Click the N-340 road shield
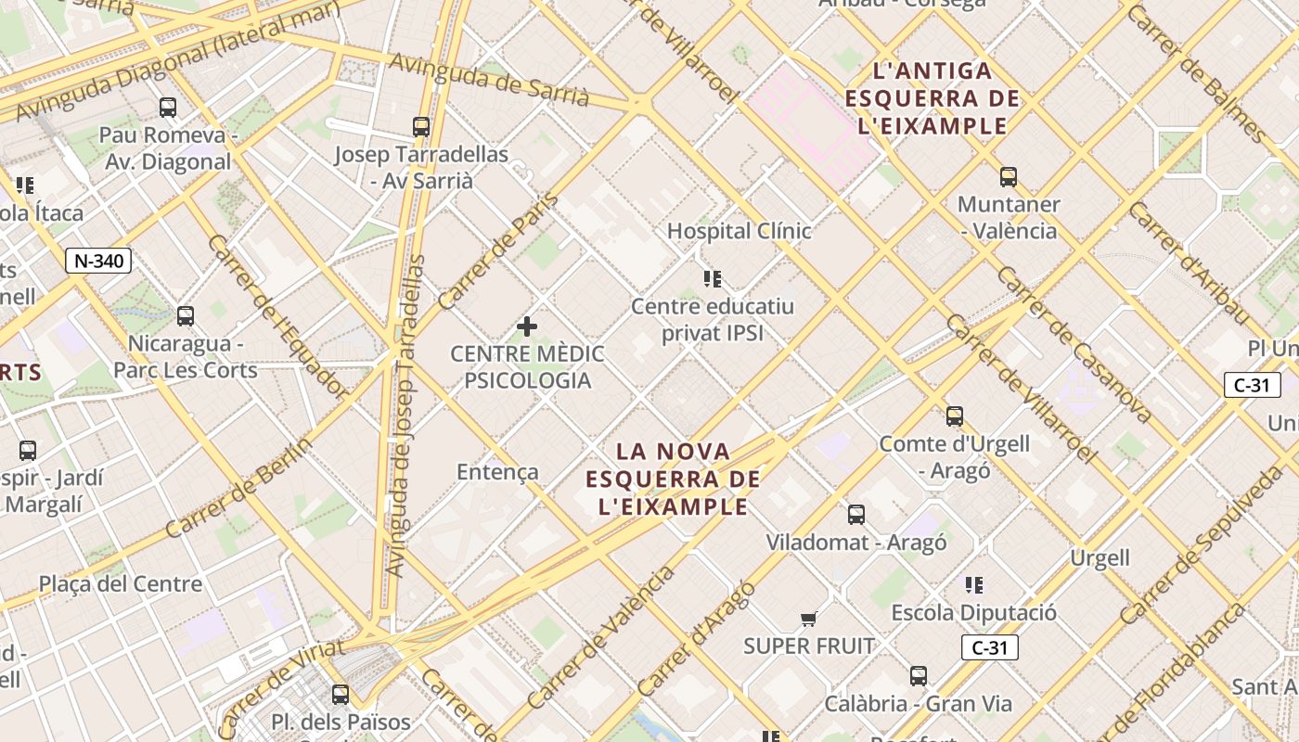tap(98, 261)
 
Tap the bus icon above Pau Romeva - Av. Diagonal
tap(167, 108)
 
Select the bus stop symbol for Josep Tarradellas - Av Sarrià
tap(421, 127)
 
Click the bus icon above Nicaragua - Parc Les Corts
tap(186, 316)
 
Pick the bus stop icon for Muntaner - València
tap(1008, 177)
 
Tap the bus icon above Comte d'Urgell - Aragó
tap(954, 416)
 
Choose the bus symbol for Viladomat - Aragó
tap(856, 515)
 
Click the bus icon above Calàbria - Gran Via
tap(918, 676)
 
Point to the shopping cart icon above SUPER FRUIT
tap(809, 619)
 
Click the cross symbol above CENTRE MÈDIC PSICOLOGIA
tap(527, 326)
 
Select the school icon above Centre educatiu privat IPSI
tap(713, 278)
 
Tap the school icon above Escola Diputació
tap(973, 585)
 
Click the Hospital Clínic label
tap(740, 231)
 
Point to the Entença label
tap(497, 472)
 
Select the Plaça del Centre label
tap(121, 584)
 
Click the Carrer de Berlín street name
tap(239, 486)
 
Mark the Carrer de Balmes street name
tap(1196, 74)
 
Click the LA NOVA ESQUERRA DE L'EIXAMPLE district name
tap(674, 479)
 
